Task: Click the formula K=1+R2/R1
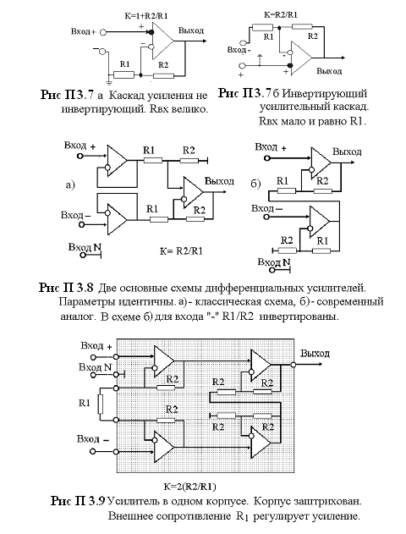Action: coord(146,15)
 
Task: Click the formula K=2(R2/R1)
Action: coord(190,487)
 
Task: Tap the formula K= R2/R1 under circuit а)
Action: coord(181,251)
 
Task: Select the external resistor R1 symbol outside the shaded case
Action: coord(101,404)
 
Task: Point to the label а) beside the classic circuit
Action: coord(70,185)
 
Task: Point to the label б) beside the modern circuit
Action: coord(255,184)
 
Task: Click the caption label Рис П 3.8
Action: coord(66,288)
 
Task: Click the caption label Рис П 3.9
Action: coord(78,501)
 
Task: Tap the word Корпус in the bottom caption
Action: coord(270,502)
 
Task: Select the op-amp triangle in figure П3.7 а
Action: coord(163,41)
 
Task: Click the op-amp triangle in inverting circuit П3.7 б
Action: coord(301,58)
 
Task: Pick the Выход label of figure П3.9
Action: coord(315,354)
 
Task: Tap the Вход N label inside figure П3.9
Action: coord(96,367)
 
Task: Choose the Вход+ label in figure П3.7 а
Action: coord(84,31)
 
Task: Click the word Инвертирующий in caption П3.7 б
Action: coord(325,94)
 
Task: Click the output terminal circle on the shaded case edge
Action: coord(294,365)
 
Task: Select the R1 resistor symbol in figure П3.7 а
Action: coord(123,74)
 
